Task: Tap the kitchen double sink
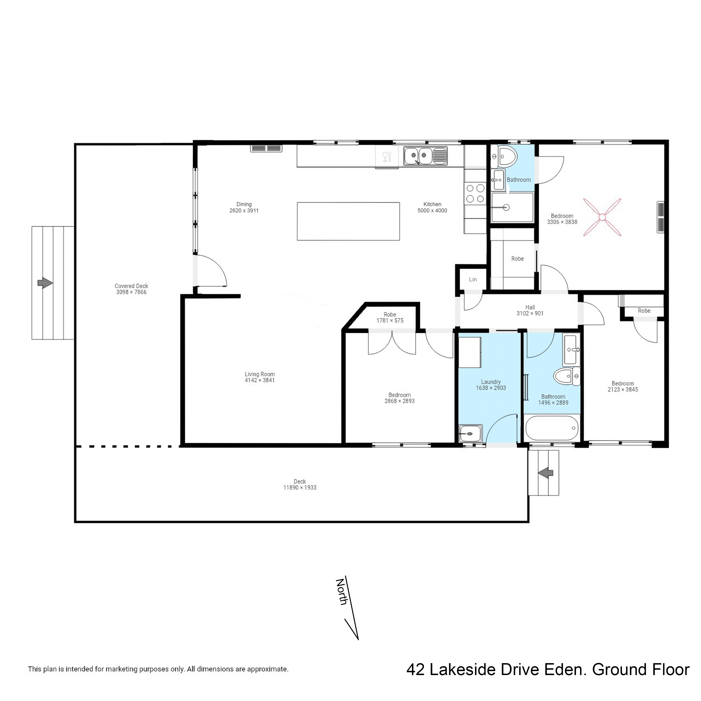pos(419,156)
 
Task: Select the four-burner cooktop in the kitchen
pos(475,193)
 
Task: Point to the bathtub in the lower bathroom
pos(551,428)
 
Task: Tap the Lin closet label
pos(473,279)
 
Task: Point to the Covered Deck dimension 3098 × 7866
pos(131,292)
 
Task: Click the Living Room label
pos(259,374)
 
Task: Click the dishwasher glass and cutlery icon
pos(387,157)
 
